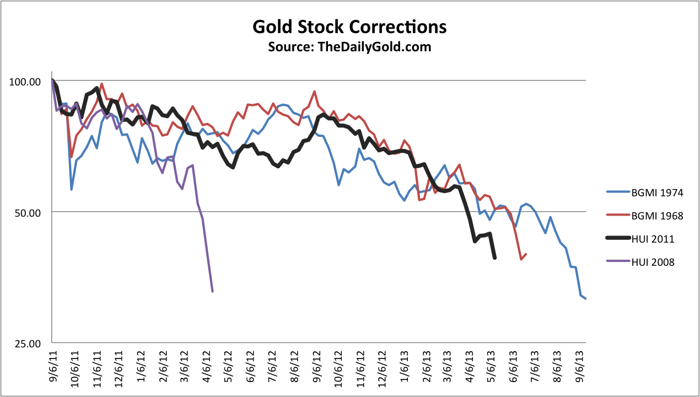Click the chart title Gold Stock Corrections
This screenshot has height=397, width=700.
pos(349,26)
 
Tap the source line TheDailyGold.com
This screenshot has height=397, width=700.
pos(349,47)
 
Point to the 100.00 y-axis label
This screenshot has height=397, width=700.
pos(26,82)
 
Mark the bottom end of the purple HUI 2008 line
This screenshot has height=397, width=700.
pos(213,291)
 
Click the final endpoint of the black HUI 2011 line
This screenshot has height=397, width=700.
pos(495,258)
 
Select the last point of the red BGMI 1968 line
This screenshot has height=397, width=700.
pos(526,254)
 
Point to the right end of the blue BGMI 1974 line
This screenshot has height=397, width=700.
pos(585,299)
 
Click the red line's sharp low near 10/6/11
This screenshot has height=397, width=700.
pos(72,157)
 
